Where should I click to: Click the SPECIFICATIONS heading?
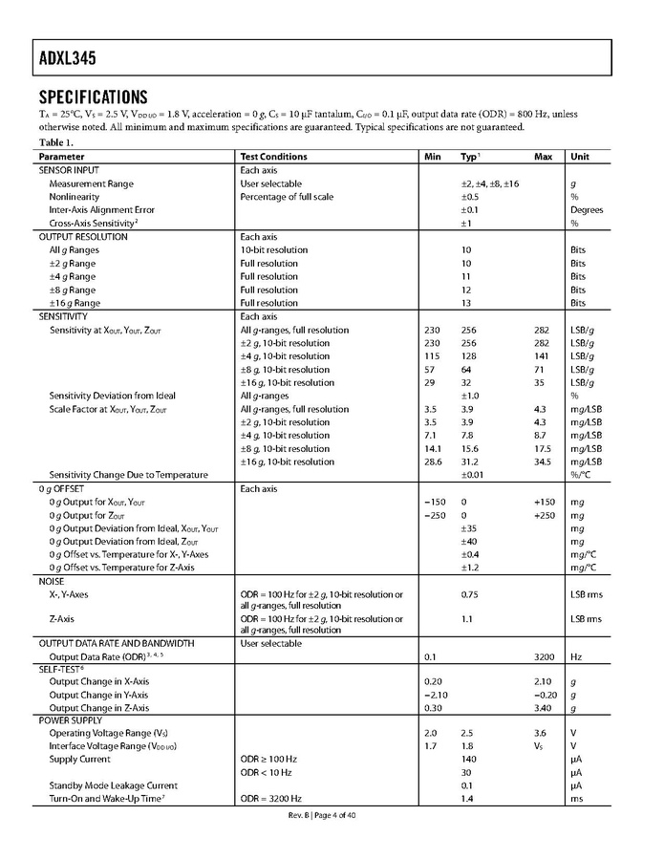[93, 97]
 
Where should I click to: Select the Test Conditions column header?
[273, 157]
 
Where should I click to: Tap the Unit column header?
[580, 157]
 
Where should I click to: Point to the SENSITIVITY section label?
[63, 316]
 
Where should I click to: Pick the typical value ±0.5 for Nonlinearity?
[469, 197]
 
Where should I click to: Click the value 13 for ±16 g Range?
[466, 303]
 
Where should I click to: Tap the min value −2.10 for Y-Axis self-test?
[437, 695]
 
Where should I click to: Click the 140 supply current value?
[469, 759]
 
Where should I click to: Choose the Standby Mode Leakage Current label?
[114, 785]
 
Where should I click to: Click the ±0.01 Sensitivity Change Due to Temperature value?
[472, 475]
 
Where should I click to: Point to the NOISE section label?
[52, 581]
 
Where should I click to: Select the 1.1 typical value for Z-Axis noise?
[468, 618]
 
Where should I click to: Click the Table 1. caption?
[55, 142]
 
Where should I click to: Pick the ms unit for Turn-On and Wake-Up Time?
[577, 798]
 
